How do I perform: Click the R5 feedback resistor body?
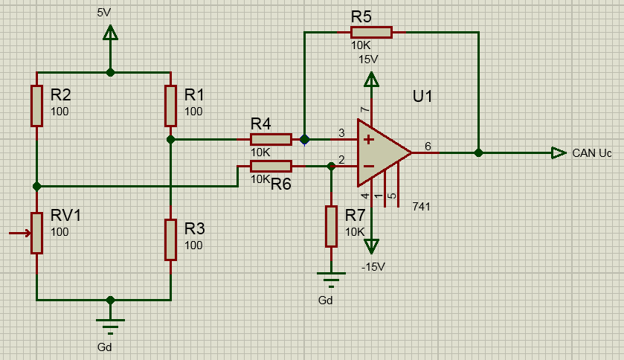[x=371, y=32]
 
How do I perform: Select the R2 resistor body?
[x=36, y=106]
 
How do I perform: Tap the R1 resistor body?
[x=170, y=106]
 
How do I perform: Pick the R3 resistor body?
[x=170, y=240]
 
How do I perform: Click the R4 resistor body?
[x=271, y=139]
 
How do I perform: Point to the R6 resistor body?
[x=271, y=166]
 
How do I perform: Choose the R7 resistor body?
[x=331, y=226]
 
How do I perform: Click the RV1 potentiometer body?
[x=36, y=233]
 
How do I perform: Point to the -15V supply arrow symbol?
[x=371, y=245]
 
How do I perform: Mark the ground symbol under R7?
[x=331, y=280]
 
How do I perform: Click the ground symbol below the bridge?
[x=110, y=326]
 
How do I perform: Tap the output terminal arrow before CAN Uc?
[x=558, y=152]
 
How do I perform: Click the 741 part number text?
[x=421, y=206]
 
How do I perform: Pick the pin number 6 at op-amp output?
[x=427, y=145]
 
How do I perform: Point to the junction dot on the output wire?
[x=478, y=152]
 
